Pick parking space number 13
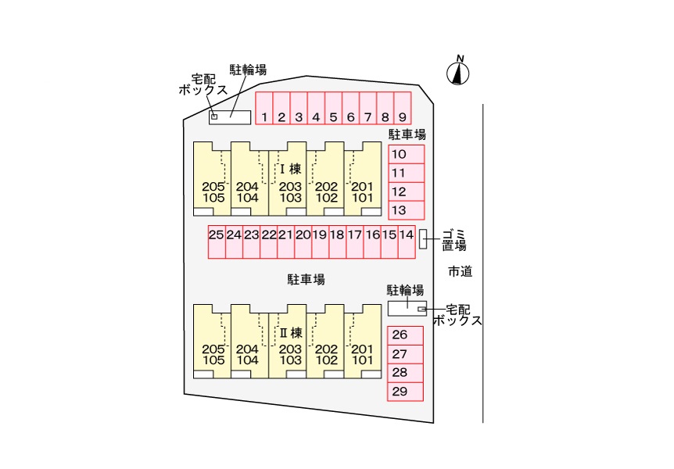coord(407,210)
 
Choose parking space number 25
coord(217,242)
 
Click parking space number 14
coord(407,242)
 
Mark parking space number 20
coord(303,242)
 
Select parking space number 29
coord(406,392)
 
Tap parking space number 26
coord(406,335)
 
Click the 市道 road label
coord(461,272)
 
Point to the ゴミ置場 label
coord(454,239)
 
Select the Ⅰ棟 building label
coord(290,169)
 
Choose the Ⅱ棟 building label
coord(290,332)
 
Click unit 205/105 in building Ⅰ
coord(213,179)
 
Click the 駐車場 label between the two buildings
coord(306,279)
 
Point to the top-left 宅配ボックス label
coord(202,84)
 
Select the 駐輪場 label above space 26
coord(406,290)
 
